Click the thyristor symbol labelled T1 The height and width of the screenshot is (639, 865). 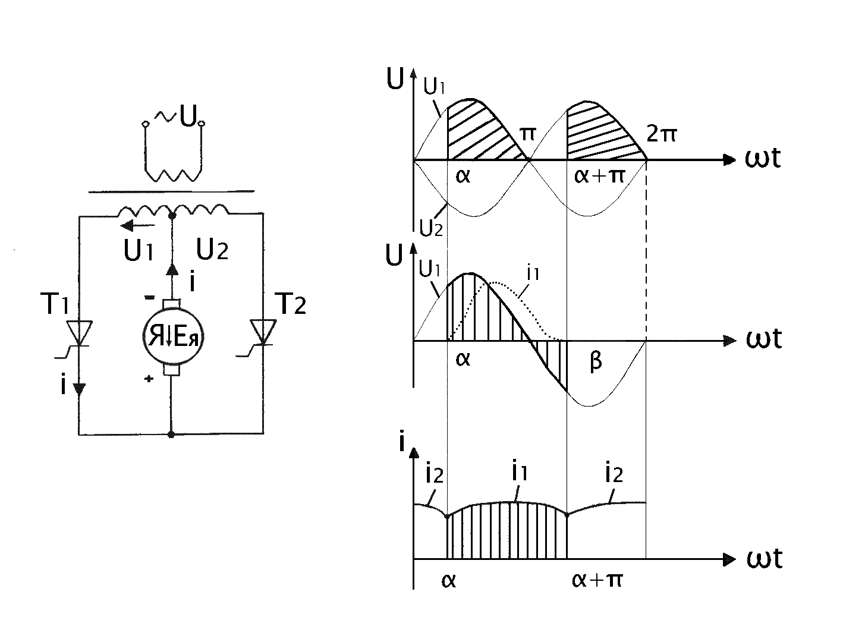tap(78, 334)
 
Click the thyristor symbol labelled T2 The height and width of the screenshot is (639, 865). tap(263, 333)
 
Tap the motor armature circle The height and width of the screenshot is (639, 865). tap(171, 337)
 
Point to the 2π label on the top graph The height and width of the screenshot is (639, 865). tap(661, 135)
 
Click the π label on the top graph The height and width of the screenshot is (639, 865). tap(528, 133)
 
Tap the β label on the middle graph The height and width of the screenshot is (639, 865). tap(596, 362)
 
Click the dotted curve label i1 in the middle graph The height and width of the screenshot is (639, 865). tap(533, 273)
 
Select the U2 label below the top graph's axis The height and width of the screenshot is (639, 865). tap(431, 228)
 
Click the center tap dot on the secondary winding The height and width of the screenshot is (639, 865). tap(171, 216)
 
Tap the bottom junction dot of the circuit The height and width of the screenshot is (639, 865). tap(171, 435)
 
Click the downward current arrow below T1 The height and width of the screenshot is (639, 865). tap(78, 389)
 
